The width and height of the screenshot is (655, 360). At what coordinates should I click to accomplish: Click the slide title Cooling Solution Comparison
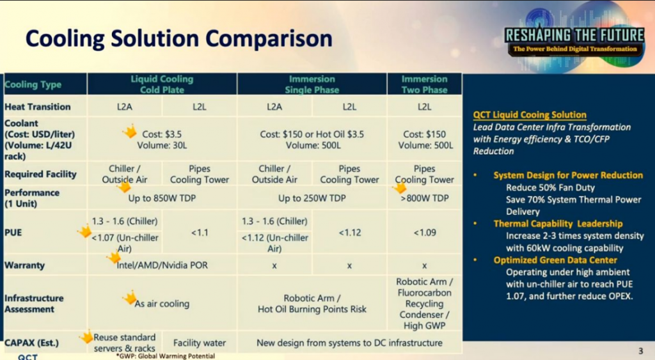pyautogui.click(x=179, y=39)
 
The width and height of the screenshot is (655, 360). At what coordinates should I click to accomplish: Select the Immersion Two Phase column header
pyautogui.click(x=424, y=84)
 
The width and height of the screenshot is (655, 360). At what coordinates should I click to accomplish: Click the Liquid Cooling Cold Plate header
pyautogui.click(x=162, y=84)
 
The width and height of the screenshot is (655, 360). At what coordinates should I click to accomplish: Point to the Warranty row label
pyautogui.click(x=25, y=265)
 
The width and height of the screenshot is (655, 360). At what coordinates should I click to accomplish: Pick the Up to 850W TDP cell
pyautogui.click(x=162, y=198)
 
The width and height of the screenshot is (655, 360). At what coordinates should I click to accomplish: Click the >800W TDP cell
pyautogui.click(x=425, y=198)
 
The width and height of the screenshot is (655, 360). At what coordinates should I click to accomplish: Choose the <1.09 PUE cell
pyautogui.click(x=425, y=233)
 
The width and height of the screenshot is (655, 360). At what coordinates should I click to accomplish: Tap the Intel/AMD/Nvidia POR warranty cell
pyautogui.click(x=162, y=265)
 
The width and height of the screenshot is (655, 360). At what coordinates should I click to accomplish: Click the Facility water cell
pyautogui.click(x=200, y=343)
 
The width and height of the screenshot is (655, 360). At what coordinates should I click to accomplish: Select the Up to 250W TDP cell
pyautogui.click(x=312, y=198)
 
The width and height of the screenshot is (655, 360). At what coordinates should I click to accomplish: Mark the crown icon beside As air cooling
pyautogui.click(x=129, y=298)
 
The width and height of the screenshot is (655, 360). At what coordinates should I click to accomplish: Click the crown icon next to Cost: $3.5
pyautogui.click(x=130, y=131)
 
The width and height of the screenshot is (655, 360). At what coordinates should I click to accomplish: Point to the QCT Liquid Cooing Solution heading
pyautogui.click(x=530, y=115)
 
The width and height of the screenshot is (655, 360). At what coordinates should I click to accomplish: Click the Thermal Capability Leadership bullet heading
pyautogui.click(x=558, y=224)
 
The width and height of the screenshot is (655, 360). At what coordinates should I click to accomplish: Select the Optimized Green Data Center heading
pyautogui.click(x=555, y=260)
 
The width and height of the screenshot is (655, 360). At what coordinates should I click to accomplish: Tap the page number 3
pyautogui.click(x=641, y=351)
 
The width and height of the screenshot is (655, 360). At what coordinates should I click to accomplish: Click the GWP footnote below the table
pyautogui.click(x=166, y=356)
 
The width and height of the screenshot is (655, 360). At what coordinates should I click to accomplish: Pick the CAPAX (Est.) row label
pyautogui.click(x=32, y=343)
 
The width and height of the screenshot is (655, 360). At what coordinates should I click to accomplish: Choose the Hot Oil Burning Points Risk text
pyautogui.click(x=312, y=309)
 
